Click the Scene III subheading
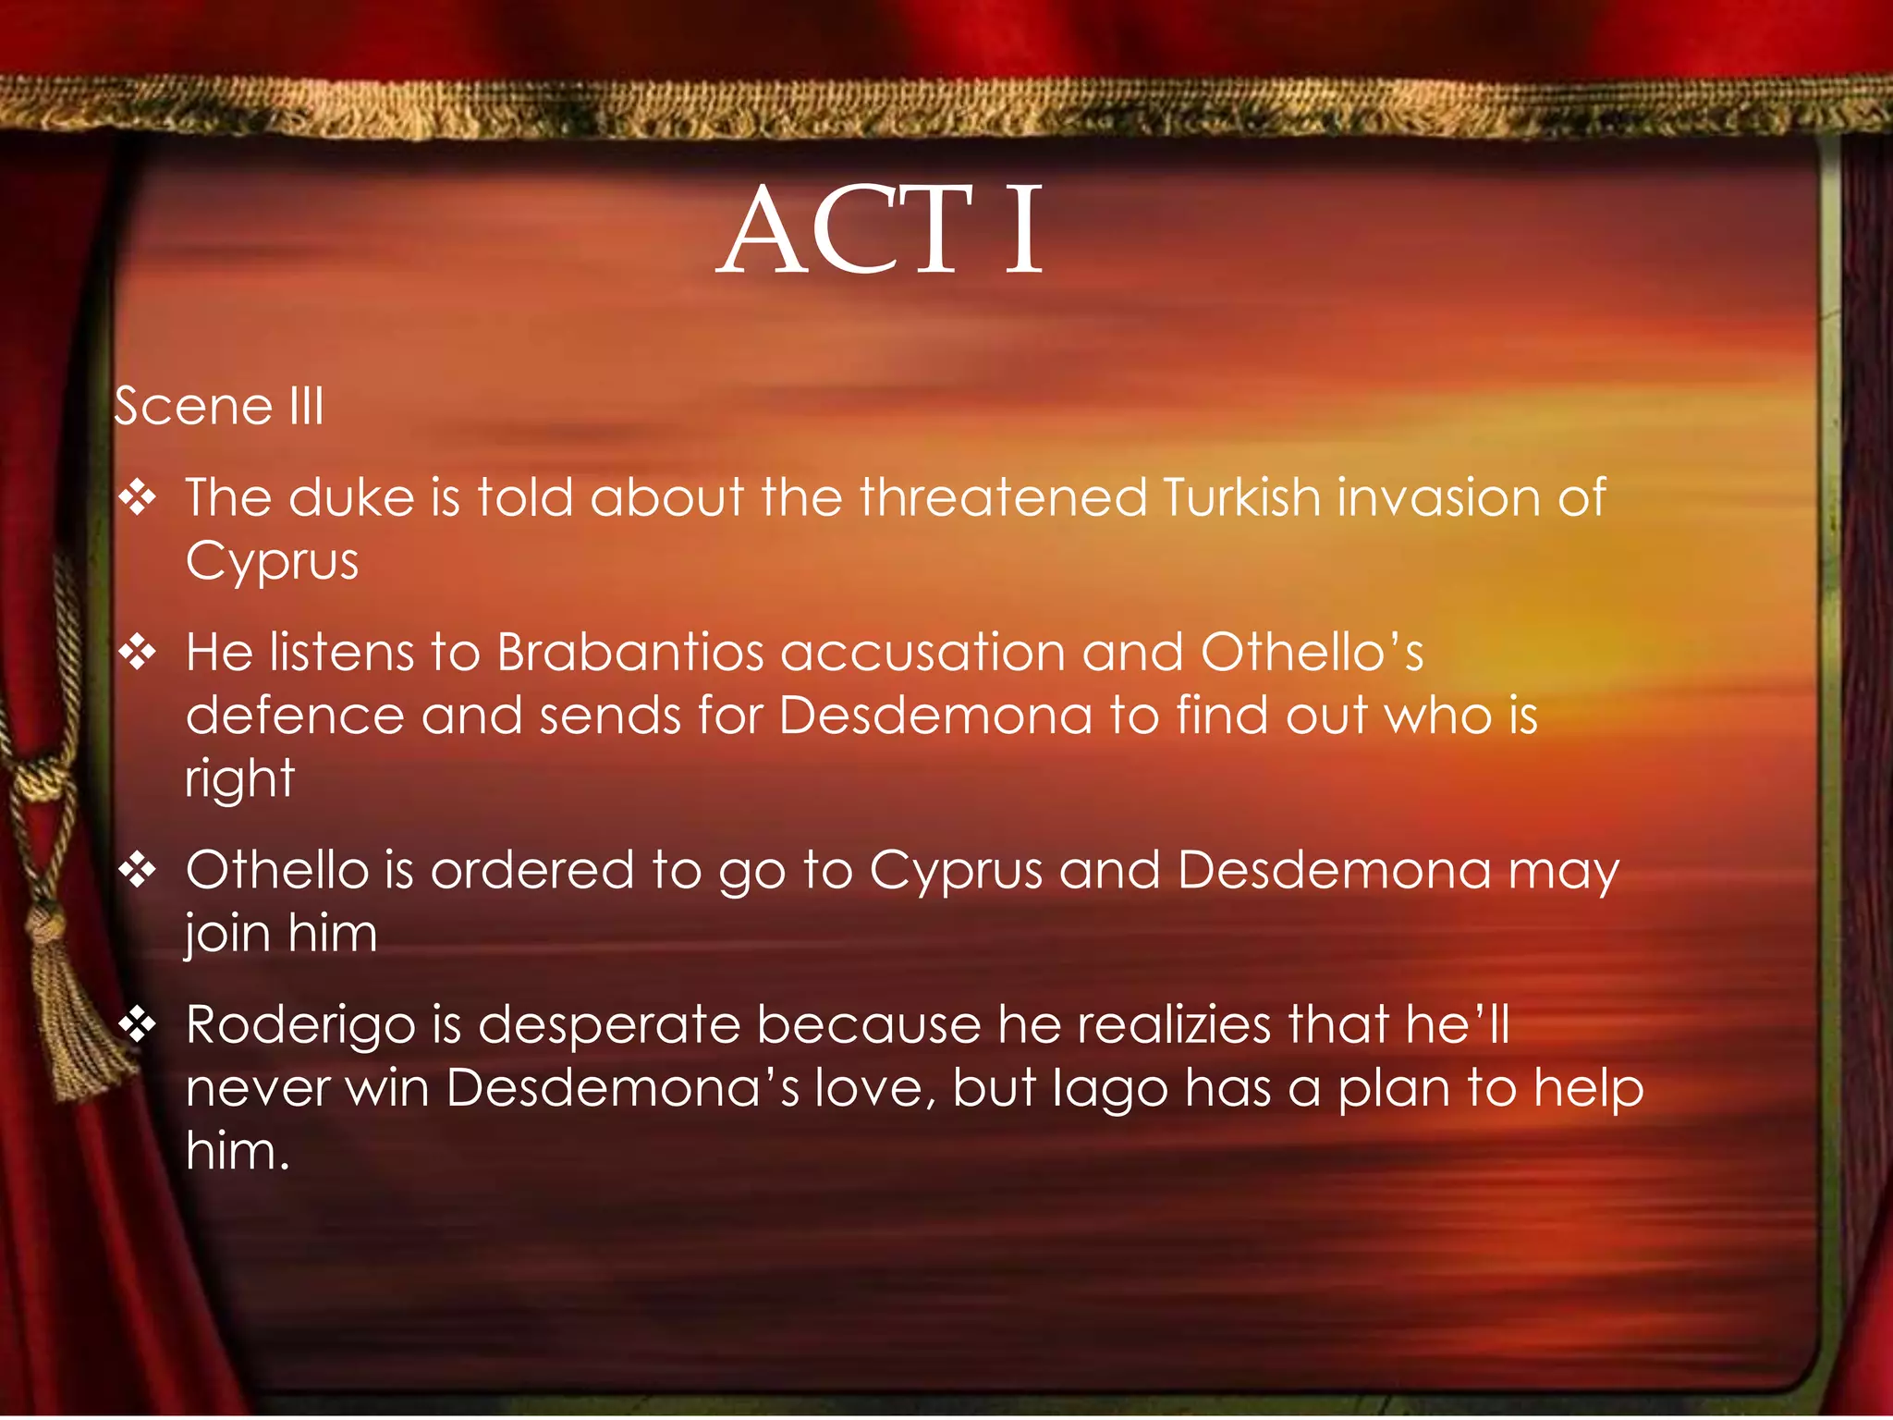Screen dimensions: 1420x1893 point(219,407)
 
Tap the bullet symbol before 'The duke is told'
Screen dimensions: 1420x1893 point(138,498)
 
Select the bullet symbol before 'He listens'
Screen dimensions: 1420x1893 point(138,654)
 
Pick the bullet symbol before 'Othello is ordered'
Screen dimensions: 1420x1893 point(138,871)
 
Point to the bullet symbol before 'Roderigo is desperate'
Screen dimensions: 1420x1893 point(138,1025)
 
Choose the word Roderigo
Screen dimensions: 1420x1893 point(300,1026)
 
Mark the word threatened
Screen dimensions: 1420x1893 point(1003,497)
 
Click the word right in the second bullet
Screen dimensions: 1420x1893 point(239,779)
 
